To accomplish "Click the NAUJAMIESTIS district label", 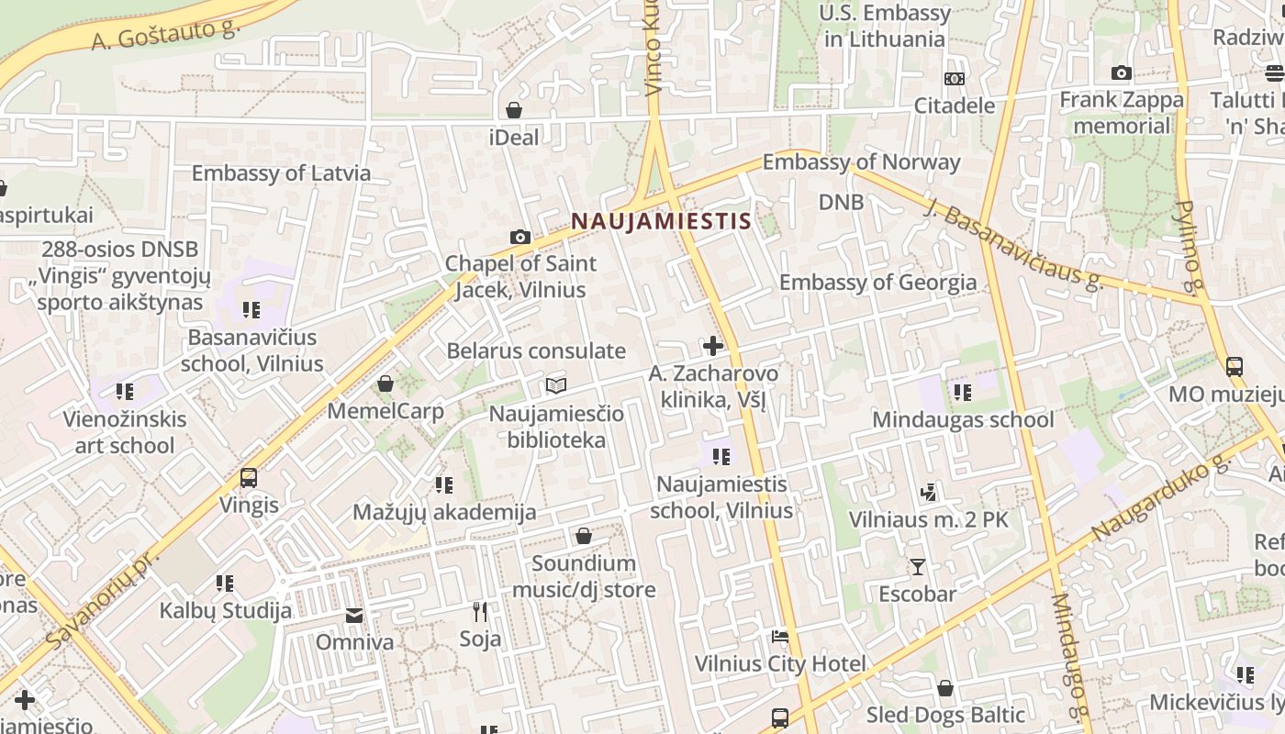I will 661,221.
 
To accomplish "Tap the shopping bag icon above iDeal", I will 514,111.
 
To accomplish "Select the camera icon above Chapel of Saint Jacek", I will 520,238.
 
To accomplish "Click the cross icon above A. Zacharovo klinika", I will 712,346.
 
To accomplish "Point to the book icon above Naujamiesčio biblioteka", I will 556,385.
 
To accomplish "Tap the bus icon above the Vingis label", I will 248,478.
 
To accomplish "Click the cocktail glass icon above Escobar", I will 917,566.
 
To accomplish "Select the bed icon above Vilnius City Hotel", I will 780,636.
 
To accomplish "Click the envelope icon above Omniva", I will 354,615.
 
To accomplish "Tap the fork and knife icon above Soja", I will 479,611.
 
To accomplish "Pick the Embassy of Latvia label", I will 281,173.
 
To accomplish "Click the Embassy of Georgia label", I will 877,282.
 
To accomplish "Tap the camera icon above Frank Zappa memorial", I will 1121,73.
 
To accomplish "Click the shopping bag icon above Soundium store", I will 584,536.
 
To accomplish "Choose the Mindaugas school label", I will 963,420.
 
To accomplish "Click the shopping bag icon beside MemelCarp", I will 385,384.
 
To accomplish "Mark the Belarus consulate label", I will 536,351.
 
